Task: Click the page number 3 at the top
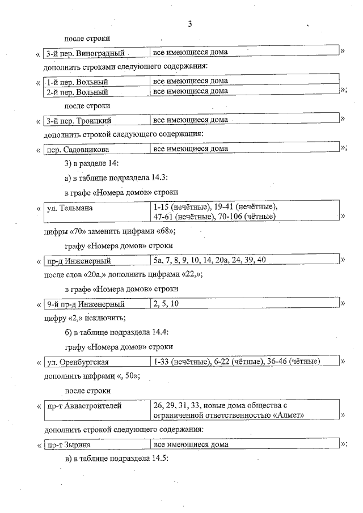coord(190,24)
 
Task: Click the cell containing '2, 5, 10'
coord(167,304)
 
